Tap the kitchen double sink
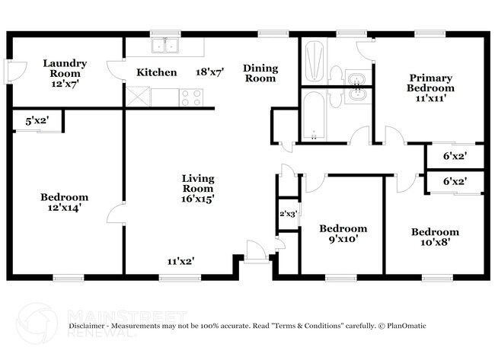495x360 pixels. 164,45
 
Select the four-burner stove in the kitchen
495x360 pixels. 191,98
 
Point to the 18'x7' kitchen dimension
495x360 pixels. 210,72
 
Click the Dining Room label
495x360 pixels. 260,73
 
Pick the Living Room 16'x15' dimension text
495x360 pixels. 198,199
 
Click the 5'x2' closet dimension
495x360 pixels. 37,120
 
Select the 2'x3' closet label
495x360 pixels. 288,214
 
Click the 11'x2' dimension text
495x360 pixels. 180,261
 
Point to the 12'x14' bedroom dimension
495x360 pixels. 65,208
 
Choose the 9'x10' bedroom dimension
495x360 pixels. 343,239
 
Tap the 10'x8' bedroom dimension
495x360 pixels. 435,242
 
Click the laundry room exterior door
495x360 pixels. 16,72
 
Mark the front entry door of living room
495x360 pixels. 257,251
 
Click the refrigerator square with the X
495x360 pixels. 138,97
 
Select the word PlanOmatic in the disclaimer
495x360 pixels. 407,326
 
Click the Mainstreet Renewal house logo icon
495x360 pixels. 37,323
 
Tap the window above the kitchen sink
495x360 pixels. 165,33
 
